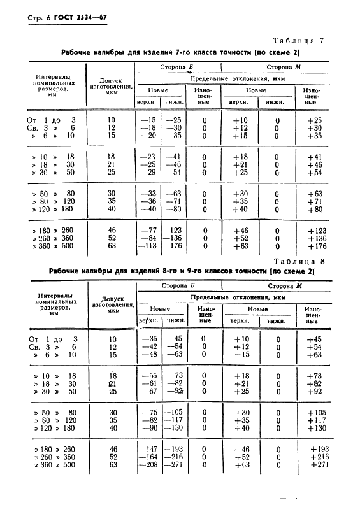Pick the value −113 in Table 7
pyautogui.click(x=148, y=247)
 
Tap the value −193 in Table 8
pyautogui.click(x=173, y=450)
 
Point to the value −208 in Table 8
pyautogui.click(x=148, y=465)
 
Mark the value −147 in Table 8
pyautogui.click(x=148, y=450)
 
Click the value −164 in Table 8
pyautogui.click(x=148, y=457)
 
